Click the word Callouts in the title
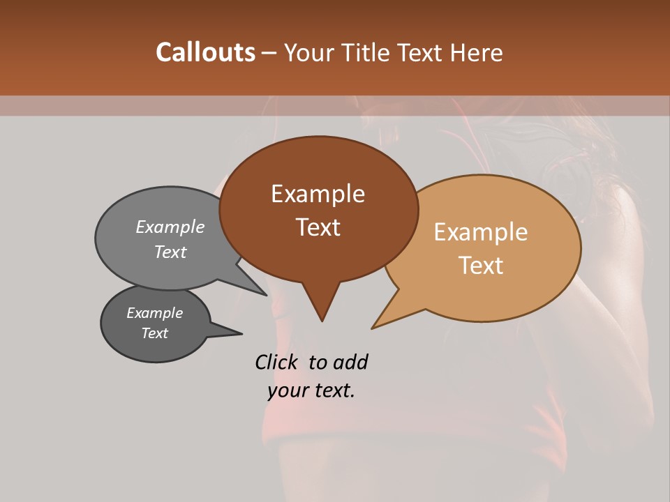point(205,52)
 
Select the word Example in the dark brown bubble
point(318,194)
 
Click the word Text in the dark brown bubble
point(318,227)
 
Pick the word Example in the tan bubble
point(481,232)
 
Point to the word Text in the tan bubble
point(481,266)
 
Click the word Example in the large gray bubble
point(170,227)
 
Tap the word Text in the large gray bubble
point(170,252)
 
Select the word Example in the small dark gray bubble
point(154,313)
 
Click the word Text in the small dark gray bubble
point(154,333)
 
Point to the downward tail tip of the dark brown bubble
point(322,321)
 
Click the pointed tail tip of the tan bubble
point(373,328)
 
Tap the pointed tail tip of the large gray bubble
point(266,294)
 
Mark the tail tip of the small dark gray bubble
point(241,333)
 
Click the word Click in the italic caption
point(277,362)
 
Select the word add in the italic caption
point(350,362)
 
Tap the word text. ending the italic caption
point(332,390)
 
